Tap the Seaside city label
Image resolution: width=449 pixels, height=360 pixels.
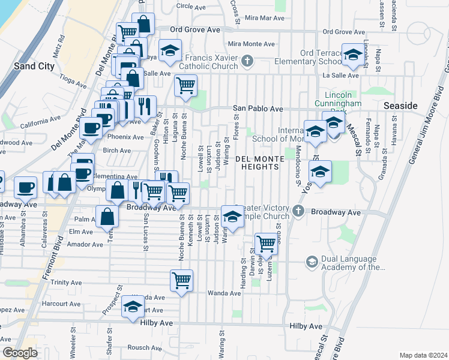point(400,106)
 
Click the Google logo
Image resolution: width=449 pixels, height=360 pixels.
point(19,353)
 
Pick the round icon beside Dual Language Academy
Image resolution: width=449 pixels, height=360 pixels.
point(312,262)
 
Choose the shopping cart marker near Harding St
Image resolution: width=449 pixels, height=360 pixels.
point(266,243)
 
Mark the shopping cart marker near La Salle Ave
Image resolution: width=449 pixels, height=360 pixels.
point(186,85)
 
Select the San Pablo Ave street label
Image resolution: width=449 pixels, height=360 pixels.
point(258,109)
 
